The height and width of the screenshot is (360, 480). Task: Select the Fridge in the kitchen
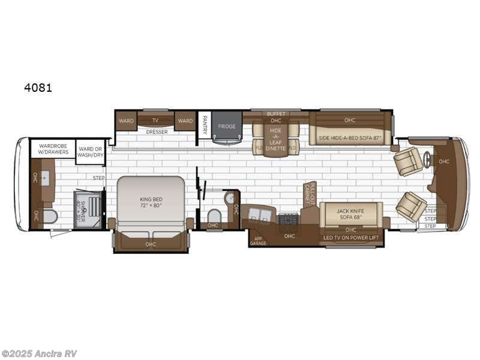point(227,127)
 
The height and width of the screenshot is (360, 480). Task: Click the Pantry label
point(205,125)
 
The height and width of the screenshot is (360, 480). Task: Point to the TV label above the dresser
point(155,121)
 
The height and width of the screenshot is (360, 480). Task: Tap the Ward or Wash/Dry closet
point(89,148)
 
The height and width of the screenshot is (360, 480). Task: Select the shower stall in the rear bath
point(88,209)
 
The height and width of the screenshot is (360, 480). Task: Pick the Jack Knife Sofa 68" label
point(350,214)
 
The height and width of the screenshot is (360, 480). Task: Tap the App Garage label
point(257,240)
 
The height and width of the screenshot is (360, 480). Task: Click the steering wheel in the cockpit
point(428,160)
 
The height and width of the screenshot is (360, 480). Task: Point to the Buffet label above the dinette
point(275,113)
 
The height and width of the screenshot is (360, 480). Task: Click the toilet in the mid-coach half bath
point(213,215)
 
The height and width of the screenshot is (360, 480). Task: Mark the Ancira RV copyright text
point(39,353)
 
